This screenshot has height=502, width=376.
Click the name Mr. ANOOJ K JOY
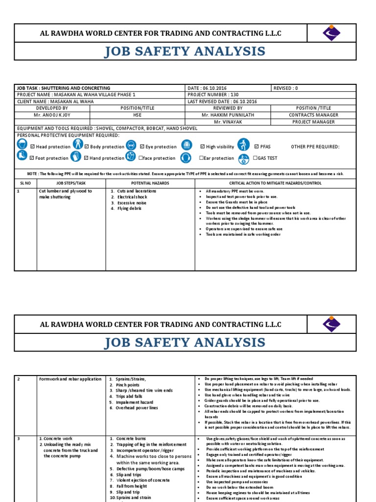coord(51,115)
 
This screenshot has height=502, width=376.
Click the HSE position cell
coord(137,115)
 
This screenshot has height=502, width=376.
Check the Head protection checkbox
coord(32,147)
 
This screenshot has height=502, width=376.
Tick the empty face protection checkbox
coord(141,158)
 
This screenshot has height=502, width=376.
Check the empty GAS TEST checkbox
coord(255,158)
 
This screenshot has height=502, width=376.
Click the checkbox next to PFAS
coord(256,147)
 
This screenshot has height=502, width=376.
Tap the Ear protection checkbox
coord(201,158)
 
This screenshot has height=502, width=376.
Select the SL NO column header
coord(25,183)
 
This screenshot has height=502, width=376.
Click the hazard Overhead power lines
coord(137,408)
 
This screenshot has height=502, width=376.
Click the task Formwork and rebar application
coord(70,379)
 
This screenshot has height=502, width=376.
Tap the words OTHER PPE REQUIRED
coord(315,147)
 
